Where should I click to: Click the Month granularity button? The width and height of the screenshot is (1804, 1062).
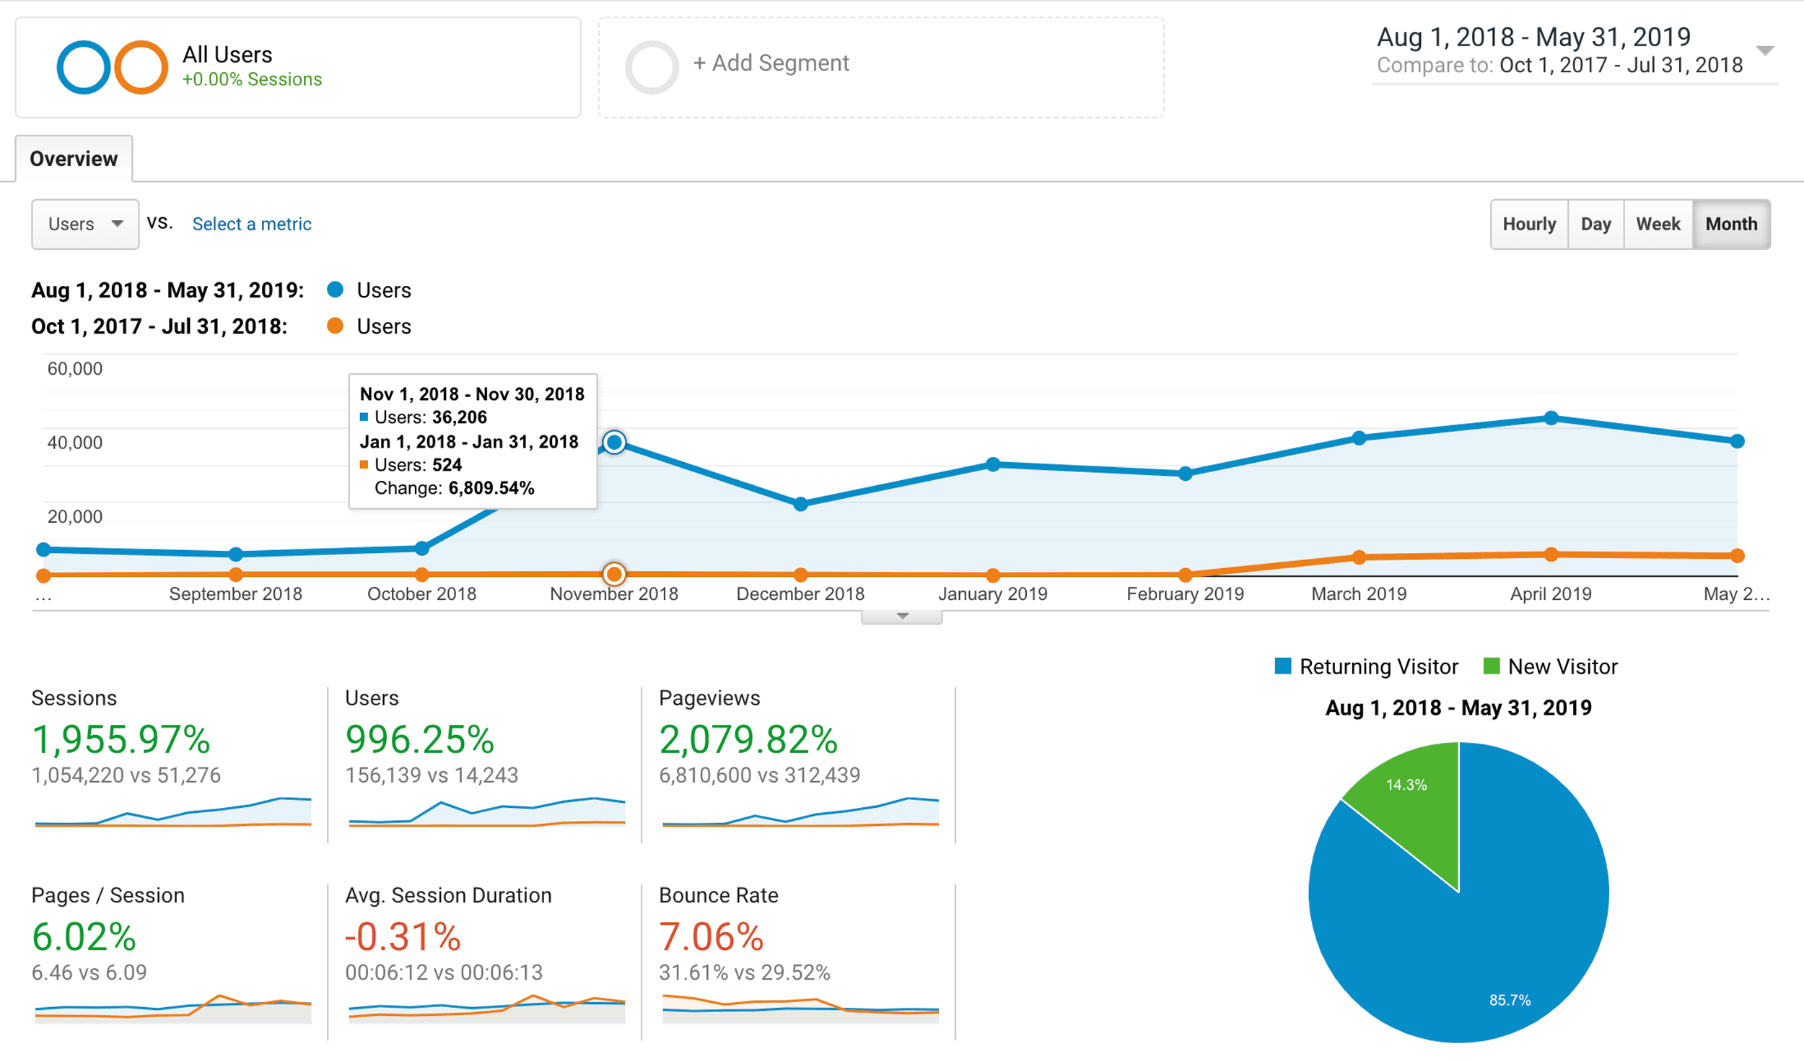pos(1730,224)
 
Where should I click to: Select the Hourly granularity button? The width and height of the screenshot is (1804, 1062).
pos(1529,224)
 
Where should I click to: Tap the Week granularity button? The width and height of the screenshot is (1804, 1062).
pos(1658,224)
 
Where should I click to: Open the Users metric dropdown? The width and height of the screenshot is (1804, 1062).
pos(85,224)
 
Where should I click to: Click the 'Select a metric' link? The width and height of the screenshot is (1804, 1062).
pos(252,224)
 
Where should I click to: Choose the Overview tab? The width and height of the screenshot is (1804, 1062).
pos(74,159)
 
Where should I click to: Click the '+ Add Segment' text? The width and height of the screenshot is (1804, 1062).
pos(771,64)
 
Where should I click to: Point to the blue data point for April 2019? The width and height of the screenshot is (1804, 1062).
pos(1551,418)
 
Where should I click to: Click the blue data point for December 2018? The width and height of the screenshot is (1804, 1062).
pos(800,504)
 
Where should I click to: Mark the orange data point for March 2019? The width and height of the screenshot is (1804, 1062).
pos(1359,557)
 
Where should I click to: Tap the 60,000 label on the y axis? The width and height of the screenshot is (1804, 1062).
pos(75,369)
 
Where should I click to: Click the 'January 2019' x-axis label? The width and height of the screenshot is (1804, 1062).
pos(992,594)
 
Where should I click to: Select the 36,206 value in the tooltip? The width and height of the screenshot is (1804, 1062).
pos(460,417)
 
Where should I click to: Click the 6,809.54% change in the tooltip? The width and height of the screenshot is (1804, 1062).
pos(491,488)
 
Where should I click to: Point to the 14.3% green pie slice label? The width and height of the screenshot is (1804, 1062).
pos(1406,785)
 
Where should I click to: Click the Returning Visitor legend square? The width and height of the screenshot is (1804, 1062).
pos(1282,666)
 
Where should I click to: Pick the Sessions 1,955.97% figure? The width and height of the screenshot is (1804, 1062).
pos(121,739)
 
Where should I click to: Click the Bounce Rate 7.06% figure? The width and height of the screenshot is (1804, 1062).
pos(711,936)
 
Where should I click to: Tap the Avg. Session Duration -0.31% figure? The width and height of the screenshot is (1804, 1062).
pos(403,936)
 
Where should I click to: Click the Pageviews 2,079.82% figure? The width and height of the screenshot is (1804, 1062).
pos(748,739)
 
